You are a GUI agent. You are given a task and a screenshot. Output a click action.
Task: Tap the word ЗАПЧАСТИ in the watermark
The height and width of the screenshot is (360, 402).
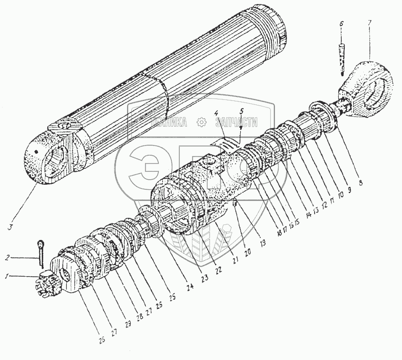[x=236, y=122]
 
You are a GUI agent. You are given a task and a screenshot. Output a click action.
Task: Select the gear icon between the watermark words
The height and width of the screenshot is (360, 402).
[x=201, y=122]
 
